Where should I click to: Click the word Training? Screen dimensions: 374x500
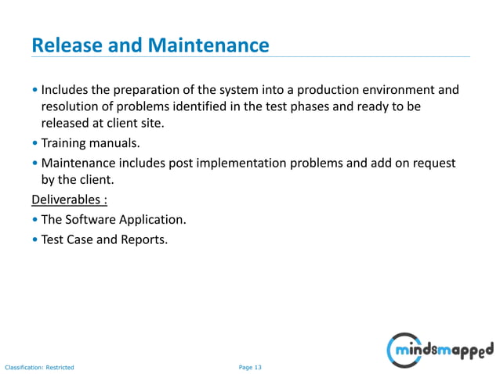[x=66, y=144]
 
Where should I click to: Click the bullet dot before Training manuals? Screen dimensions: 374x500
[x=35, y=144]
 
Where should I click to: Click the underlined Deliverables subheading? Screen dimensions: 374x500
[x=74, y=199]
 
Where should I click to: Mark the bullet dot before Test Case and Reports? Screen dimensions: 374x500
[x=35, y=239]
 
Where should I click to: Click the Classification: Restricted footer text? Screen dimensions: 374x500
[x=40, y=366]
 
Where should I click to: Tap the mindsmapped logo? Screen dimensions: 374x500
[x=440, y=348]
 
